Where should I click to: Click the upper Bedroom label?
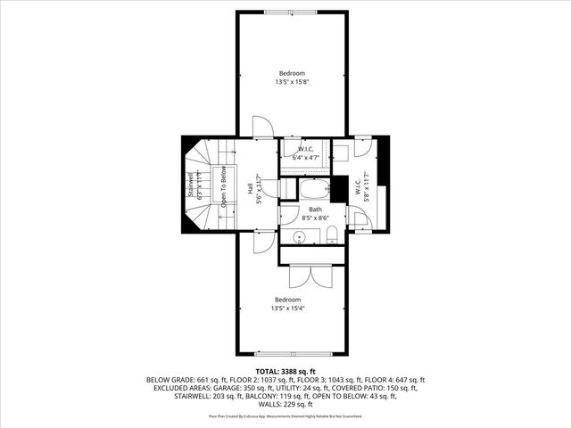click(291, 73)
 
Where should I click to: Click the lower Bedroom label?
click(287, 299)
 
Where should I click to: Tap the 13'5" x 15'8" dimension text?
click(291, 82)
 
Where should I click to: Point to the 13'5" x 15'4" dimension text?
click(287, 308)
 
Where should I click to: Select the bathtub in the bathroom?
click(312, 190)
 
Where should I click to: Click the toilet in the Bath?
click(331, 235)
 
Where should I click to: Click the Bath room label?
click(315, 209)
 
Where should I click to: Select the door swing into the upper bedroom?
click(262, 128)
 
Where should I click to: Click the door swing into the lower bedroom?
click(263, 240)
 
